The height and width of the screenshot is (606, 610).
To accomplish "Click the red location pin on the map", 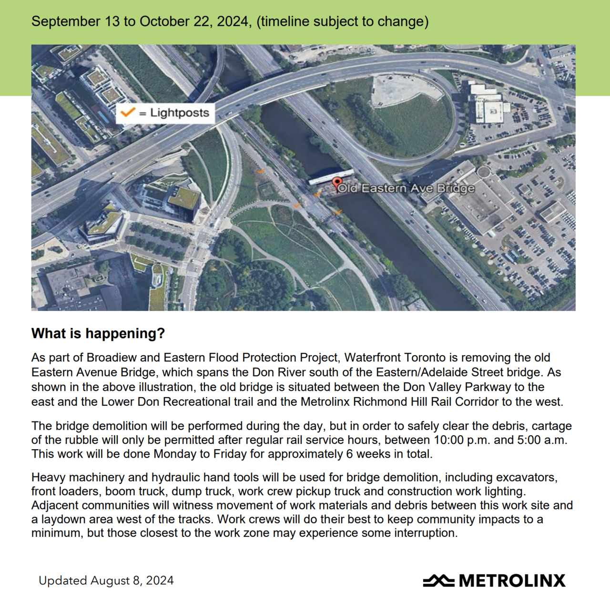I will coord(337,183).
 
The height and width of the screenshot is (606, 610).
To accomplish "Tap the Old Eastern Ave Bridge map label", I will coord(406,188).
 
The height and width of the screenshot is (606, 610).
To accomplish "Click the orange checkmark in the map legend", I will coord(127,112).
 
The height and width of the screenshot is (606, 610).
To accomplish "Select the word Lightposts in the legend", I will coord(180,113).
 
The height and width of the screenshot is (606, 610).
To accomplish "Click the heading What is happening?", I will coord(98,333).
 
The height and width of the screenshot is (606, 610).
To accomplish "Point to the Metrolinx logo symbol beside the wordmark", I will coord(438,580).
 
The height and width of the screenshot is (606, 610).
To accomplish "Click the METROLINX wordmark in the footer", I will coord(512,581).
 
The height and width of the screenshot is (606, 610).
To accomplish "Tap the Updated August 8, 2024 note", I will coord(106,581).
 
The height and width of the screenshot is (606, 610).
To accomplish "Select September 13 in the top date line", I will coord(76,21).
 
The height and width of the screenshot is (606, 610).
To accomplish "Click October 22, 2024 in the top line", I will coord(194,21).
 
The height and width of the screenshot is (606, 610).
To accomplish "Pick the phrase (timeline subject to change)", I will coord(342,21).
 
